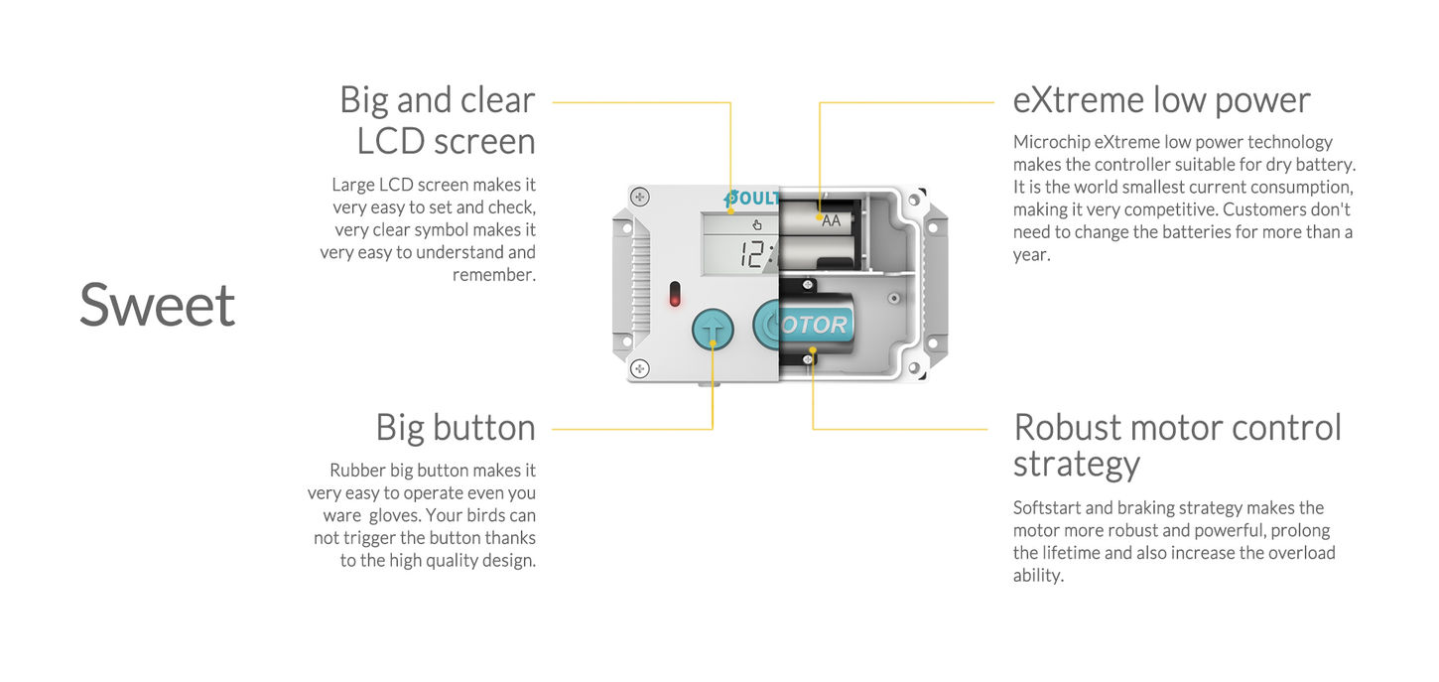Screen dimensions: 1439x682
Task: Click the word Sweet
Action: tap(158, 305)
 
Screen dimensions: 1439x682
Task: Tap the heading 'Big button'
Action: tap(456, 428)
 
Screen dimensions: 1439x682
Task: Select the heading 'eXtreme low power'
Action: tap(1161, 100)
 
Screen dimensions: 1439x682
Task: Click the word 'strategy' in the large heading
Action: tap(1076, 464)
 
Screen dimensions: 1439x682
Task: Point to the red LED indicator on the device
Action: tap(675, 295)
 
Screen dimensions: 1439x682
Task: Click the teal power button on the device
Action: tap(767, 325)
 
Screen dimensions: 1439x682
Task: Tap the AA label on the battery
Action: tap(831, 220)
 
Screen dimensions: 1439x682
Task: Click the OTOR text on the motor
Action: tap(814, 325)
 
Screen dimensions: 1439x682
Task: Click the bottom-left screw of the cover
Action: tap(640, 368)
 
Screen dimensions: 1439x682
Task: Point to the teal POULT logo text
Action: tap(753, 198)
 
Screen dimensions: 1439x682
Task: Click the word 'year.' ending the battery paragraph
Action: tap(1031, 255)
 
